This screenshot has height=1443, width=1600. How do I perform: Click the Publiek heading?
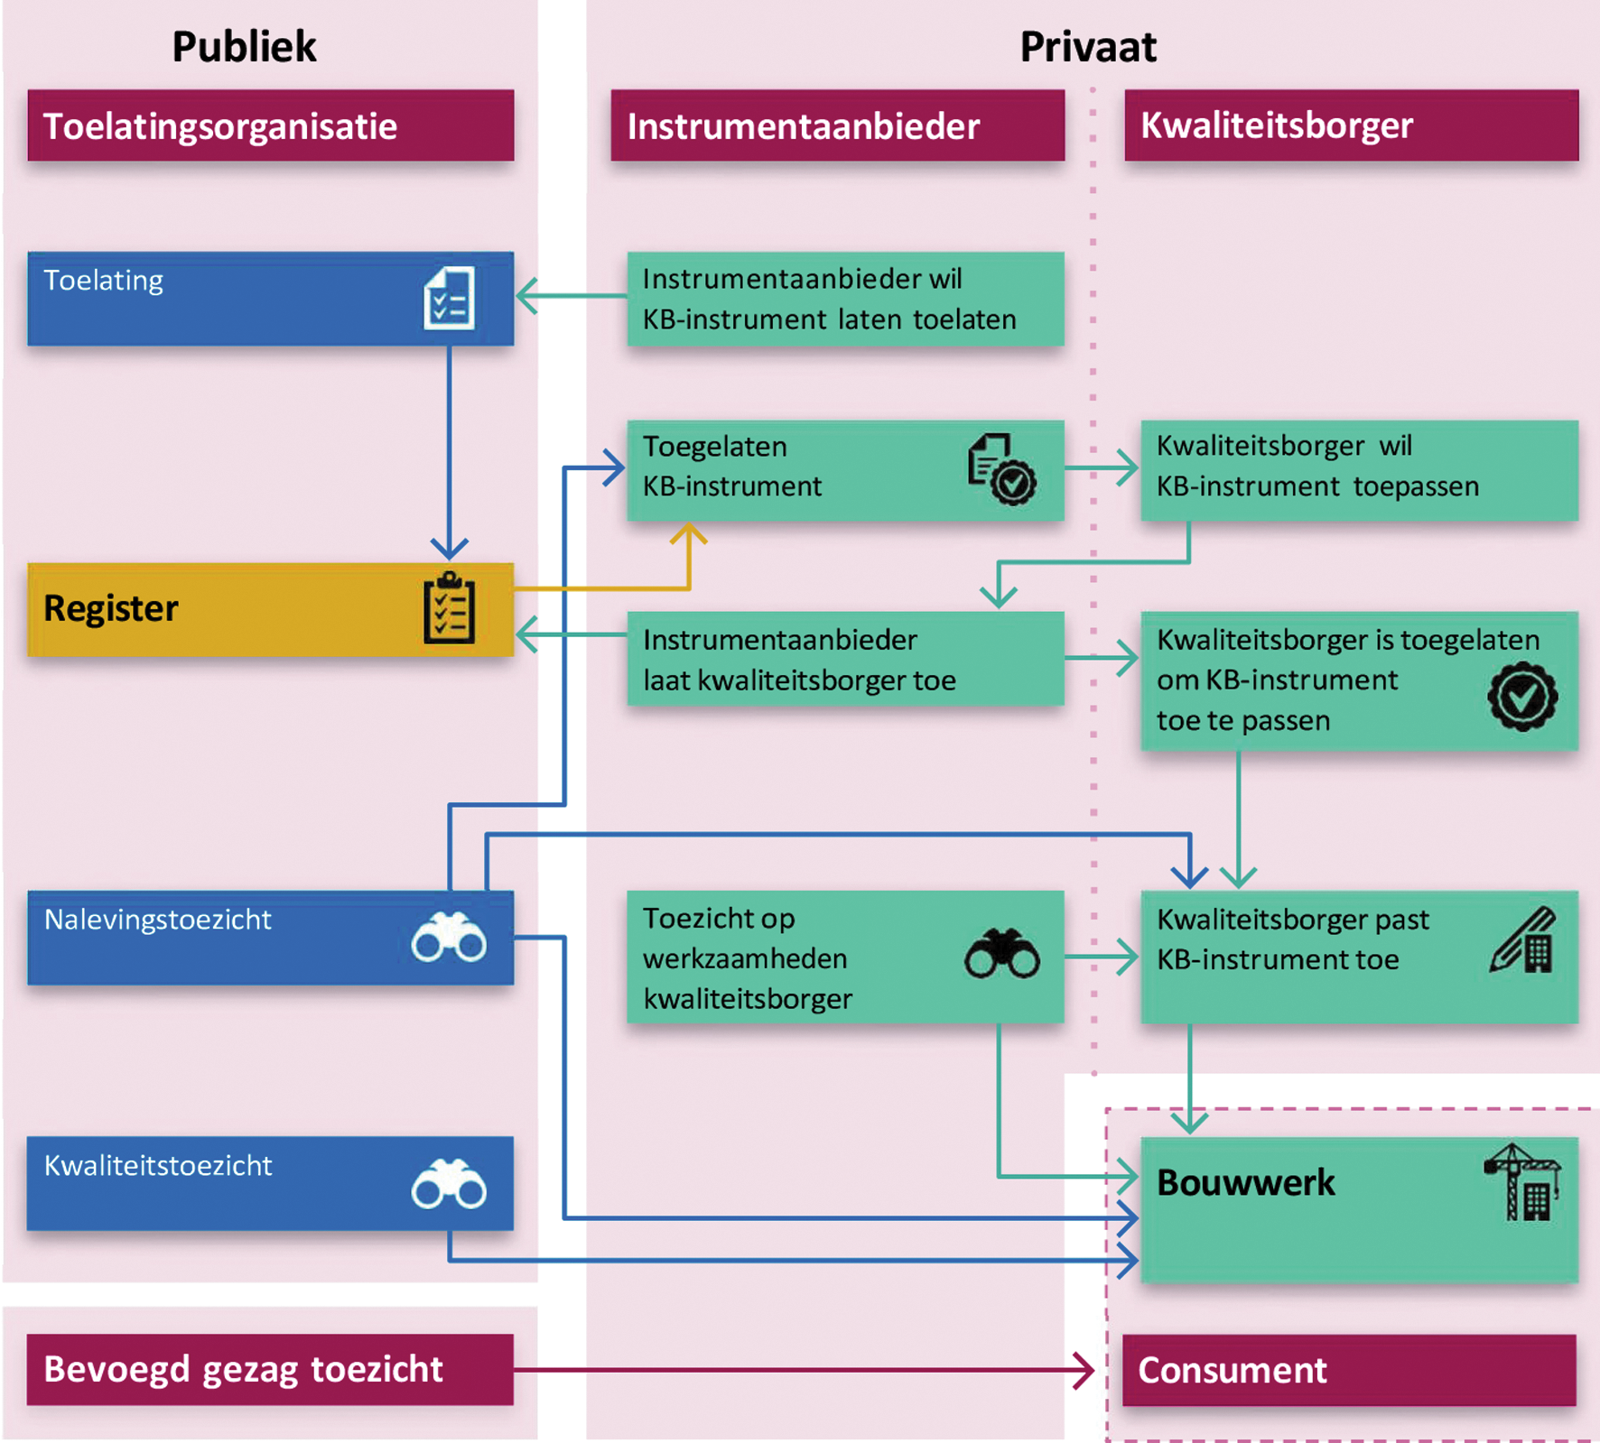[244, 47]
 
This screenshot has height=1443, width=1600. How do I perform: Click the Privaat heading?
[1087, 47]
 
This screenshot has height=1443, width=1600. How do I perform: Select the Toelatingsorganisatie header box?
[271, 125]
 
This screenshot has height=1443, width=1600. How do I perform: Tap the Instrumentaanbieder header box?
[837, 125]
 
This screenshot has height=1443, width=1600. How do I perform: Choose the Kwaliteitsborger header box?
[1351, 125]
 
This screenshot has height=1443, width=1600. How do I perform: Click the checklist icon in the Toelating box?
[449, 298]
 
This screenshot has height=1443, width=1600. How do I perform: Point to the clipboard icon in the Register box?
[449, 609]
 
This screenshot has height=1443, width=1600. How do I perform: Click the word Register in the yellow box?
[111, 609]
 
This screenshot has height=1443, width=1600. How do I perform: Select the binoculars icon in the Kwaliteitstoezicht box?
[449, 1184]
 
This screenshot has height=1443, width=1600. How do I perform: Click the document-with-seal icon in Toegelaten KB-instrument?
[1001, 469]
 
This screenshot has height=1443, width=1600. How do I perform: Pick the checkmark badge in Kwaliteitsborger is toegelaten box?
[1522, 696]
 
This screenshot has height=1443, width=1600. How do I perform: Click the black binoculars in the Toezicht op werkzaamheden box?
[1001, 954]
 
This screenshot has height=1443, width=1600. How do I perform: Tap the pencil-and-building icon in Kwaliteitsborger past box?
[1523, 940]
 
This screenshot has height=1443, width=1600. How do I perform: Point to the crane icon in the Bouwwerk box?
[1523, 1182]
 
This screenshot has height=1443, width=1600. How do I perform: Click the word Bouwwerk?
[1245, 1183]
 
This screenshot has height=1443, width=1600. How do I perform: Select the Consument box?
[1349, 1370]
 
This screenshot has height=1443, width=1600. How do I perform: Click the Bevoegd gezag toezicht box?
[270, 1369]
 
